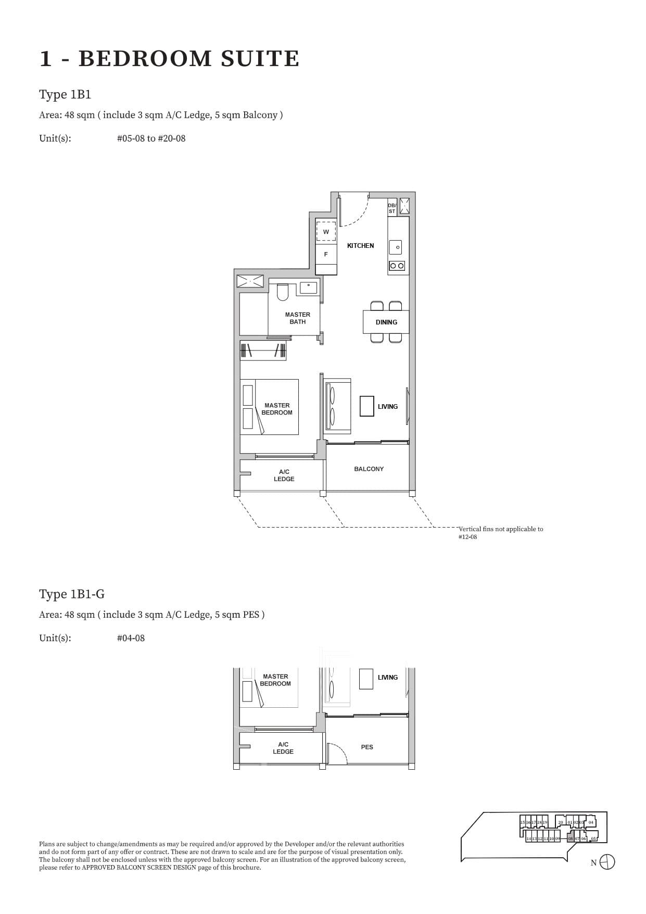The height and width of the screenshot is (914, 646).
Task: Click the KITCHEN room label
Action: pos(360,245)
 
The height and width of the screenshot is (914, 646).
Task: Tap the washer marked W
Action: pos(326,231)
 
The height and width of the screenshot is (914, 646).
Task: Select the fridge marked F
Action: pos(326,254)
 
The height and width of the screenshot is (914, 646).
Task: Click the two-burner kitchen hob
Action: pos(397,266)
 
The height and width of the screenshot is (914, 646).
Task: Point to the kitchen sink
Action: pos(396,247)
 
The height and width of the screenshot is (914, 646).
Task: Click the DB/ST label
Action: pos(392,208)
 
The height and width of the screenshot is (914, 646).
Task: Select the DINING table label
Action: pos(386,322)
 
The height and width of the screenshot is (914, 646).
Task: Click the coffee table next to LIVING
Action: pos(366,406)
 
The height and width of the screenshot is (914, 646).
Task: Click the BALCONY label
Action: pos(369,469)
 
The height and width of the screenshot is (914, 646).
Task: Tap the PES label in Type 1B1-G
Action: pos(367,747)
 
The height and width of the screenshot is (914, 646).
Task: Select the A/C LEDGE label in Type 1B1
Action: pos(284,475)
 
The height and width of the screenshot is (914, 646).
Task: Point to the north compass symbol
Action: pos(607,862)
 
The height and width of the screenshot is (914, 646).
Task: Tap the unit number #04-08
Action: pos(131,638)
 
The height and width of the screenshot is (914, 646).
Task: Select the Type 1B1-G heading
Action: pos(72,594)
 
